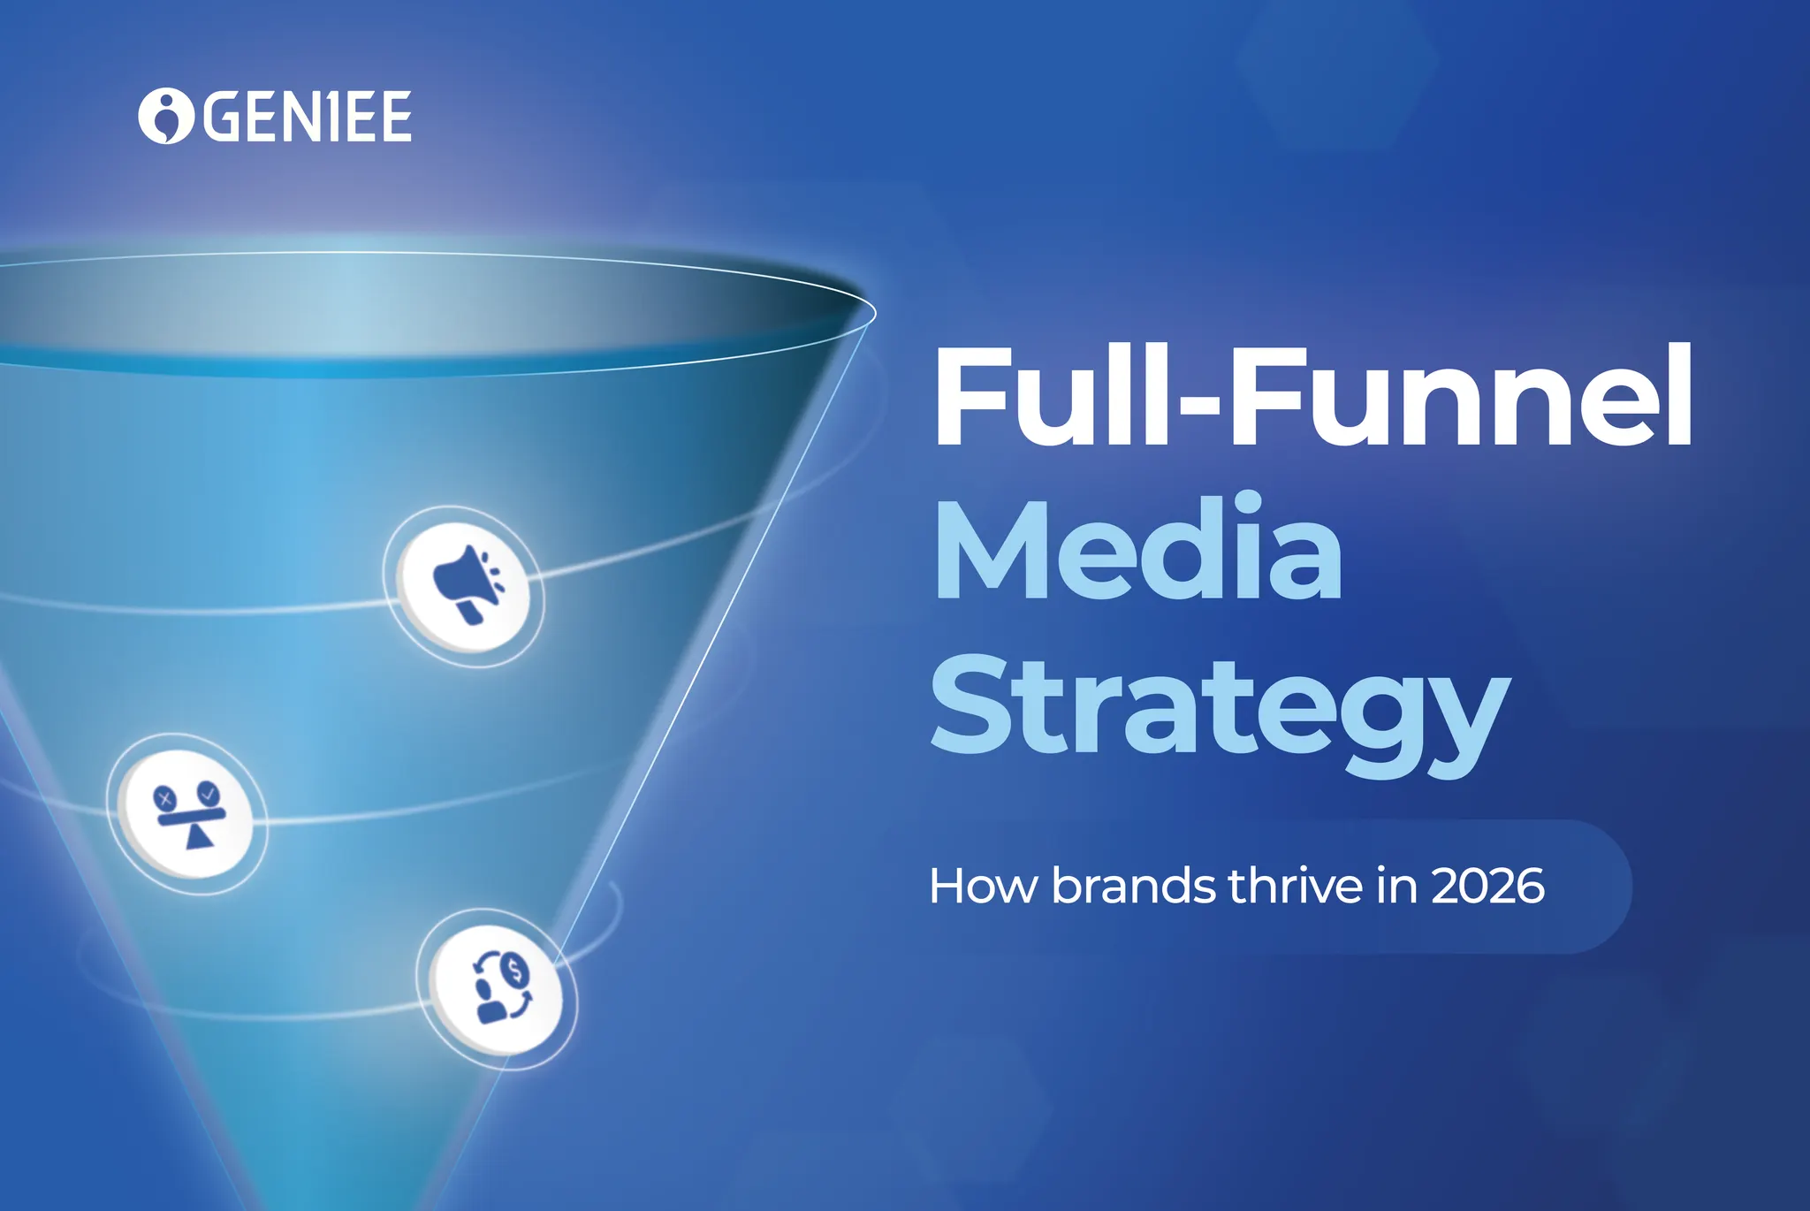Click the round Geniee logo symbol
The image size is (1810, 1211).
click(x=165, y=116)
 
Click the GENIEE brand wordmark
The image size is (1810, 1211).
click(x=308, y=117)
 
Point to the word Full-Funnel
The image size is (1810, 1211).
click(x=1312, y=397)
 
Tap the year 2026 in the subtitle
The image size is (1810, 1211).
click(x=1487, y=886)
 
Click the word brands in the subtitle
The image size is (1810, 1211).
click(x=1133, y=886)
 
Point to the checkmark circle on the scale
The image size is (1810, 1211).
click(x=209, y=792)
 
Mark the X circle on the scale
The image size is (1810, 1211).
click(x=164, y=799)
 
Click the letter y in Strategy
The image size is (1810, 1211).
click(x=1463, y=720)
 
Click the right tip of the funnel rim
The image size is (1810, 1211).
click(x=873, y=311)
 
